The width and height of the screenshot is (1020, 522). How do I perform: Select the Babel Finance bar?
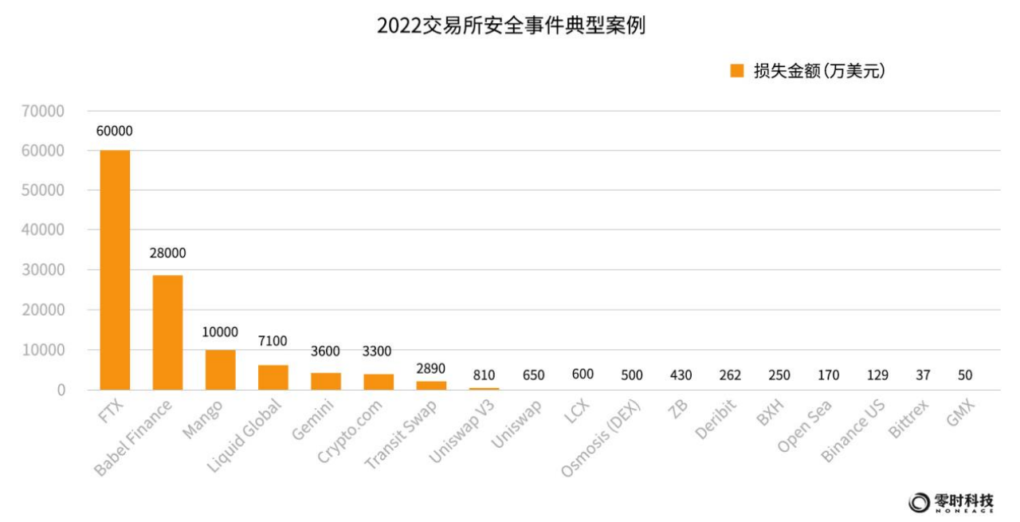[167, 332]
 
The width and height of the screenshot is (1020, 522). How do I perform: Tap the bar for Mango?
[220, 369]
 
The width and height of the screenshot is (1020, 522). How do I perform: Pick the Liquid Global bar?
[273, 377]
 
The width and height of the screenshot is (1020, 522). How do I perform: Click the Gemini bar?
[326, 381]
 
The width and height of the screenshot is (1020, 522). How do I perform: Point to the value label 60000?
[114, 131]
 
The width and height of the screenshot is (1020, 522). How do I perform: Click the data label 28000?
[167, 253]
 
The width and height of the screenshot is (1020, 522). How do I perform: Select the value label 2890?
[431, 368]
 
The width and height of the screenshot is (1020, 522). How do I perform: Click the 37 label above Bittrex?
[922, 375]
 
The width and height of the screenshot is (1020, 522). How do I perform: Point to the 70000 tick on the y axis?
[44, 111]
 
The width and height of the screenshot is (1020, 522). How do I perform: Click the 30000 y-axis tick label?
[44, 270]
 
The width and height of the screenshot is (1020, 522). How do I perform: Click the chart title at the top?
[510, 26]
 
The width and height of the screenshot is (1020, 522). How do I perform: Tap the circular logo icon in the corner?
[920, 502]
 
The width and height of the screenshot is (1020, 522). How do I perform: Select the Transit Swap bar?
[431, 385]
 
